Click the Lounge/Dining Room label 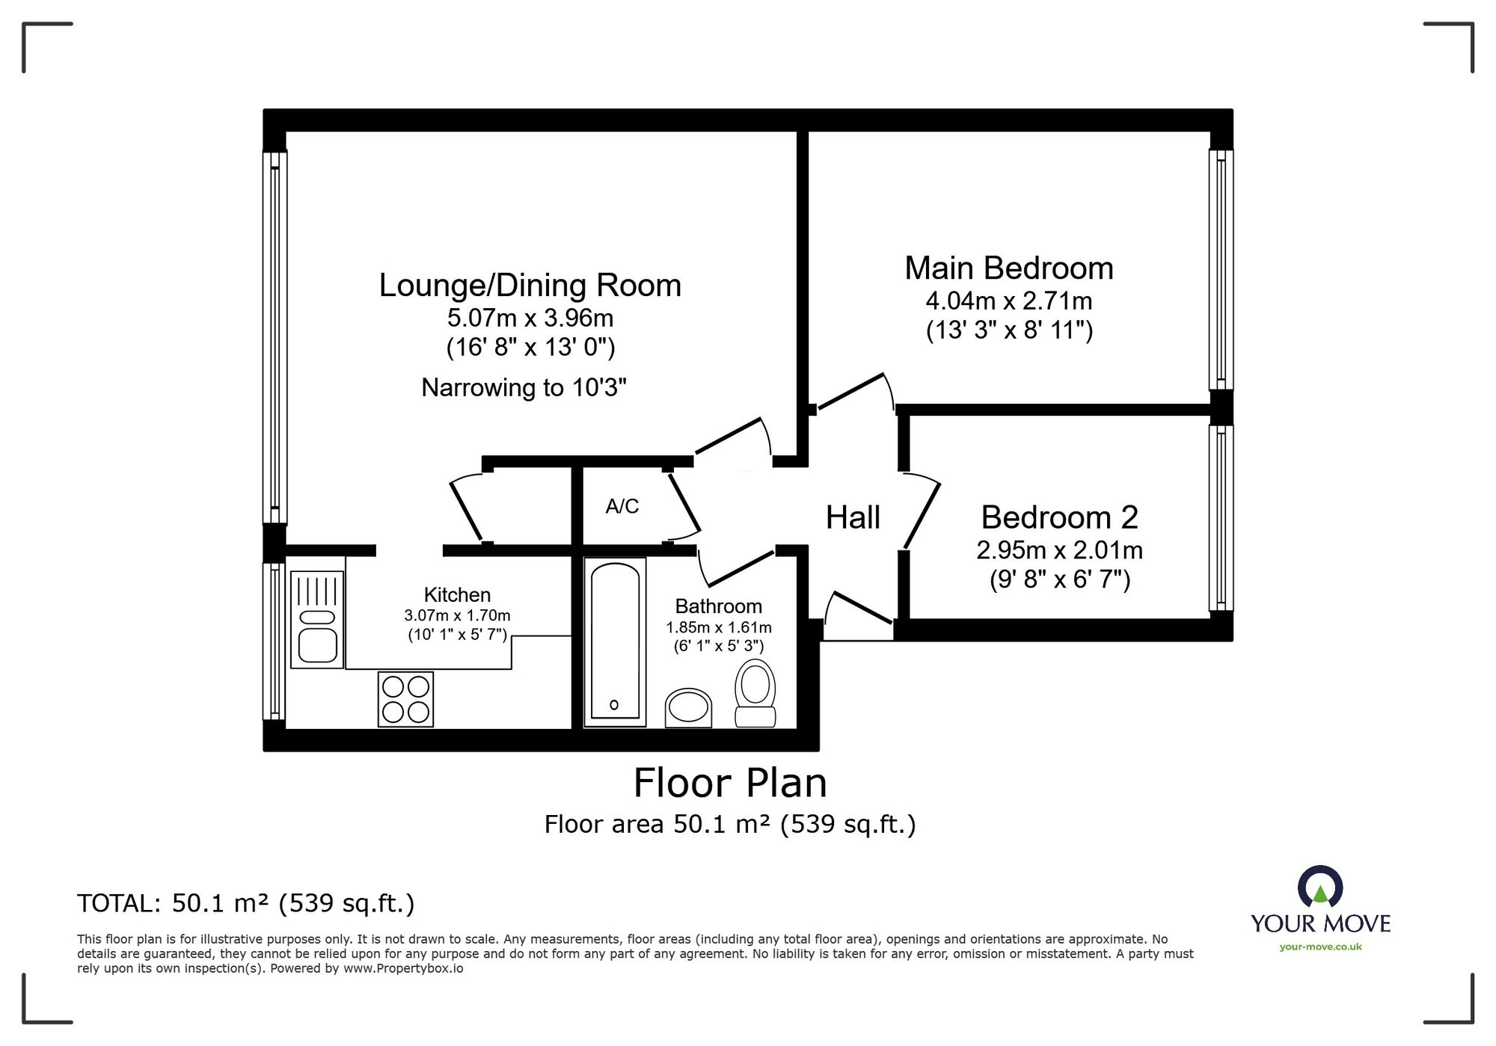[530, 286]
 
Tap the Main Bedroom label [1009, 268]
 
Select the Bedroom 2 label [1059, 517]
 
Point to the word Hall [853, 517]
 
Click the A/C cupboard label [622, 507]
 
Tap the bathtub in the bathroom [615, 642]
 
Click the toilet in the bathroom [755, 692]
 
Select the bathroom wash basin [688, 707]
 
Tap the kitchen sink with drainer [317, 620]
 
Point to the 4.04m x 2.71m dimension [1009, 301]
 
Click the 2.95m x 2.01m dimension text [1059, 551]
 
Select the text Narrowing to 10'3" [524, 387]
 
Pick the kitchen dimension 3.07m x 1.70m [457, 616]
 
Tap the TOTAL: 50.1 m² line [246, 904]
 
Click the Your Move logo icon [1320, 887]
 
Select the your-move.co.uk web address [1320, 947]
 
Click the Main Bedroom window [1221, 270]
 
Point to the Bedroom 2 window [1221, 518]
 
